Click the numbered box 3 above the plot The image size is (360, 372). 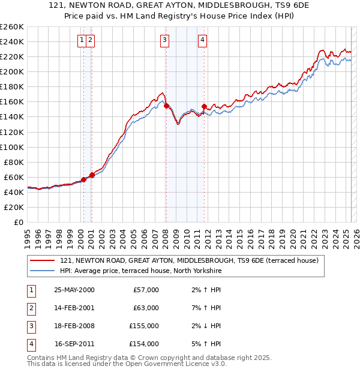(164, 40)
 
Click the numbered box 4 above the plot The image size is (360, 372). (203, 40)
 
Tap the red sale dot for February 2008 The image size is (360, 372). (166, 106)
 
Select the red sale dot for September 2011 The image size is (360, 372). (205, 107)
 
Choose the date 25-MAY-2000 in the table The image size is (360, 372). (74, 290)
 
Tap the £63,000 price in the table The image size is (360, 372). (146, 308)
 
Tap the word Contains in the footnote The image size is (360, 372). (42, 358)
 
